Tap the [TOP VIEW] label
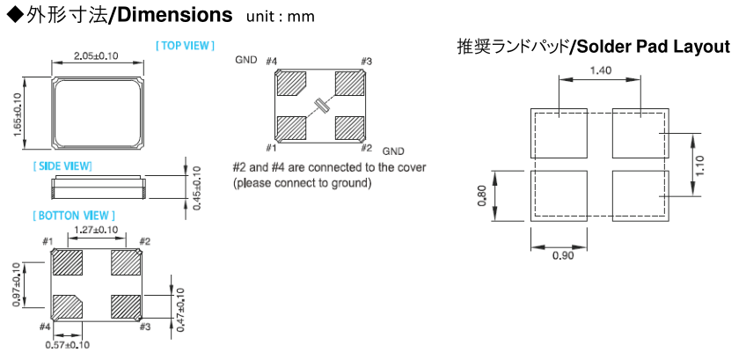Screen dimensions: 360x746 tap(185, 45)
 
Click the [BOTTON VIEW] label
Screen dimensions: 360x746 tap(74, 215)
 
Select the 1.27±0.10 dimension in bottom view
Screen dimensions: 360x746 tap(96, 230)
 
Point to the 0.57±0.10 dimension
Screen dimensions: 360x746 tap(68, 345)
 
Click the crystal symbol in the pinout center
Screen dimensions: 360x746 tap(319, 107)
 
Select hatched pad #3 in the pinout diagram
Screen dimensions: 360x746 tap(351, 84)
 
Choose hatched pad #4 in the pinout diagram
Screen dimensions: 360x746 tap(289, 84)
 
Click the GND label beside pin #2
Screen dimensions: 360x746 tap(393, 151)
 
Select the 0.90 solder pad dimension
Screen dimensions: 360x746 tap(559, 256)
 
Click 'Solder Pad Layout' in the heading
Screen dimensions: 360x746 tap(652, 46)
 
